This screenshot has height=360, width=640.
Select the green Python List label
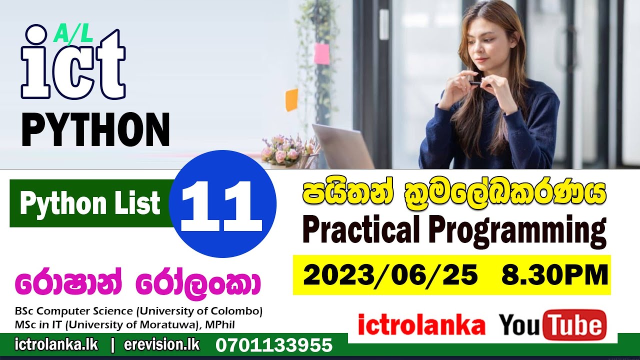[x=90, y=203]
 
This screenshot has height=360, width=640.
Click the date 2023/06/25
[x=390, y=275]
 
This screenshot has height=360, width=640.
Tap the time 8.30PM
[x=555, y=275]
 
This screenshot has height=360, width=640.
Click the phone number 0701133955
[x=274, y=345]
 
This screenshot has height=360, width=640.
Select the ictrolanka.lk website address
[x=56, y=344]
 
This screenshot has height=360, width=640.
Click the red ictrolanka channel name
[x=421, y=326]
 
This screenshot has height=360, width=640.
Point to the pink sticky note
[x=321, y=53]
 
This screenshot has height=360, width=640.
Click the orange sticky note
[x=291, y=99]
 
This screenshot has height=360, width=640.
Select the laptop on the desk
[x=342, y=147]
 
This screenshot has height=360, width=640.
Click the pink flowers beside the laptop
[x=285, y=150]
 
